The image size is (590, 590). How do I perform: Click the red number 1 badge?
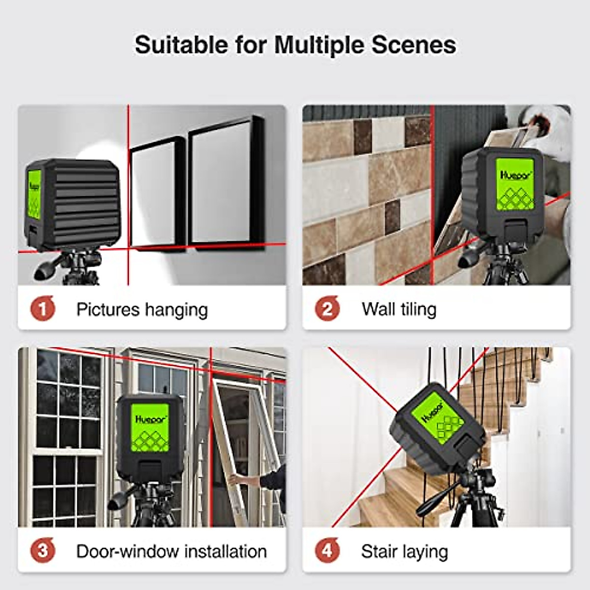pos(42,309)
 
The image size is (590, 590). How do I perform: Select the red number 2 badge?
pos(327,309)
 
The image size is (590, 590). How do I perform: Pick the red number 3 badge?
pos(42,551)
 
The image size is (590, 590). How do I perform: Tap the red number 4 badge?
pos(327,551)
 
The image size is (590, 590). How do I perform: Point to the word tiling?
pos(417,310)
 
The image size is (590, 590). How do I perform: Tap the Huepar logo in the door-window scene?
pos(149,419)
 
